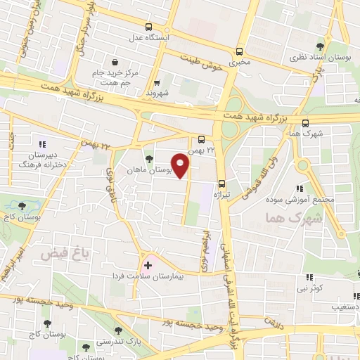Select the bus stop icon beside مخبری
click(x=240, y=51)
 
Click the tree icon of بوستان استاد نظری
click(x=323, y=44)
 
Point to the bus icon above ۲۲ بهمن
click(x=202, y=140)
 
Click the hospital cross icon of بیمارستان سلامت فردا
click(x=148, y=265)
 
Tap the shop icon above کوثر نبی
click(x=309, y=278)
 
